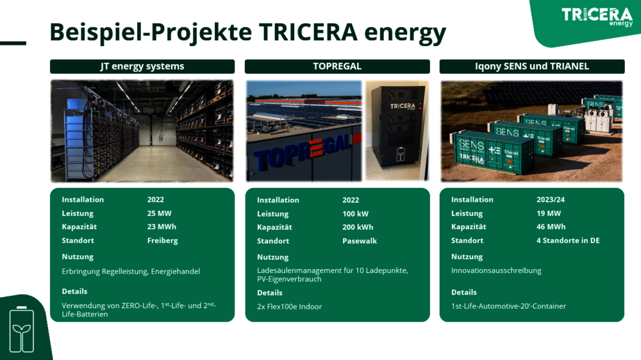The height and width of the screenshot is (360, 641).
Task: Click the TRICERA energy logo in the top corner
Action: [x=597, y=17]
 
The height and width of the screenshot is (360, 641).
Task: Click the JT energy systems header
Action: [x=142, y=66]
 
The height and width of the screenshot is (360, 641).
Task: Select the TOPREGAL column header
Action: [x=337, y=66]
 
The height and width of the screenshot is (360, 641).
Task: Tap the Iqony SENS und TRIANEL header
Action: [x=532, y=66]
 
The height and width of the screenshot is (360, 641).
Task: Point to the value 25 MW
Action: [x=160, y=213]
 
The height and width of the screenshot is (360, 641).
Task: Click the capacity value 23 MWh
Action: [x=162, y=227]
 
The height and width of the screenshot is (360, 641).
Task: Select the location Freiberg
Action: [x=163, y=241]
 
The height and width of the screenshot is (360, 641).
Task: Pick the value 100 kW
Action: [x=355, y=214]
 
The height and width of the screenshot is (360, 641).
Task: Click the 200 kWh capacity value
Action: [x=358, y=227]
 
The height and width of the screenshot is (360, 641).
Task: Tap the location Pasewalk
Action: [x=360, y=241]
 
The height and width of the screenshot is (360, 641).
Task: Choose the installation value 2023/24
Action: [x=551, y=200]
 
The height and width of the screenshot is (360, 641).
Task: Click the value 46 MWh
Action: [x=551, y=227]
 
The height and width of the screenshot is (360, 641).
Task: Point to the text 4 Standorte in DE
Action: [x=568, y=241]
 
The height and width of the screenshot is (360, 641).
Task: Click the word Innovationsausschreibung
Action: [x=496, y=270]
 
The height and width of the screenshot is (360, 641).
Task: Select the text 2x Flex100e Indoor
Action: [x=290, y=306]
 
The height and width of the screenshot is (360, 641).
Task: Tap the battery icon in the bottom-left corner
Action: [x=22, y=329]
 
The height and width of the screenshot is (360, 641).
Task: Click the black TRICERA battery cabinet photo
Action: [x=397, y=130]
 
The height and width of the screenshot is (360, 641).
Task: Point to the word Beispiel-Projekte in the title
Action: [x=151, y=33]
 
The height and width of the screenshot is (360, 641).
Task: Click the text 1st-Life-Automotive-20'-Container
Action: [x=508, y=306]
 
